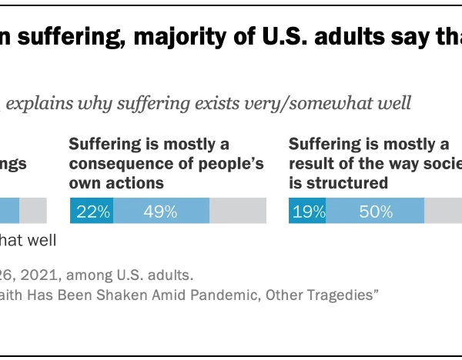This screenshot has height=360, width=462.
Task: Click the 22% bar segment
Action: (x=92, y=211)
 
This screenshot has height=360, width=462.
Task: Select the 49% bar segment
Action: (x=162, y=211)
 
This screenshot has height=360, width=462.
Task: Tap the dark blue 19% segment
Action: (x=307, y=211)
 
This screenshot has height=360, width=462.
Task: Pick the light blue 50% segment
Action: (x=375, y=211)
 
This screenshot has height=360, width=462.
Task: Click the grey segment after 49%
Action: (x=237, y=211)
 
